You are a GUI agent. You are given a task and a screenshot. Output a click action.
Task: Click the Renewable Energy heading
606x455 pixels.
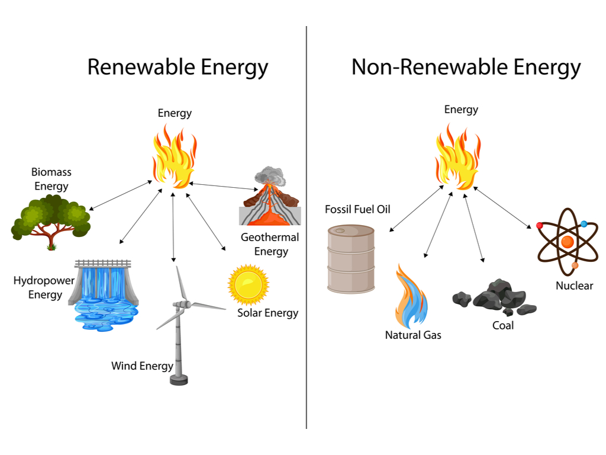178,67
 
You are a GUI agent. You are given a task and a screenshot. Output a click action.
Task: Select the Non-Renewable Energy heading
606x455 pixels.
466,67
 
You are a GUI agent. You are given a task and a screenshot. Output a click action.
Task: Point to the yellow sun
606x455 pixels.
248,284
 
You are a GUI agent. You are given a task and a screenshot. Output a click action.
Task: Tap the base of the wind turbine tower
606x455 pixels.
179,379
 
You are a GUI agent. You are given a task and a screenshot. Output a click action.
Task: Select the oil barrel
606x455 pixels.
351,259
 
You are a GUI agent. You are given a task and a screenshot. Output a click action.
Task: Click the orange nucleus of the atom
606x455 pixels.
567,242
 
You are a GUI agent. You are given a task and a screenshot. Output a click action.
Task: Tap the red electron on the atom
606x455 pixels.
540,226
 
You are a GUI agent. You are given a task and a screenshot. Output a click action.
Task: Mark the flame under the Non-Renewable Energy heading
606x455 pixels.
458,157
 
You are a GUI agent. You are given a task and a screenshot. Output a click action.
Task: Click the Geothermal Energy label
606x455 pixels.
270,244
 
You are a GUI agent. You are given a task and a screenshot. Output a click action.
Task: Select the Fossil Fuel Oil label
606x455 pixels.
357,209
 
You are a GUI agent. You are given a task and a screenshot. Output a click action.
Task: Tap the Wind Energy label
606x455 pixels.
142,366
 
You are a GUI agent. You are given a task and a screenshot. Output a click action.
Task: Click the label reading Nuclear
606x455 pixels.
574,286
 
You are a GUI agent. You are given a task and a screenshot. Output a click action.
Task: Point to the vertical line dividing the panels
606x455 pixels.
307,237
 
